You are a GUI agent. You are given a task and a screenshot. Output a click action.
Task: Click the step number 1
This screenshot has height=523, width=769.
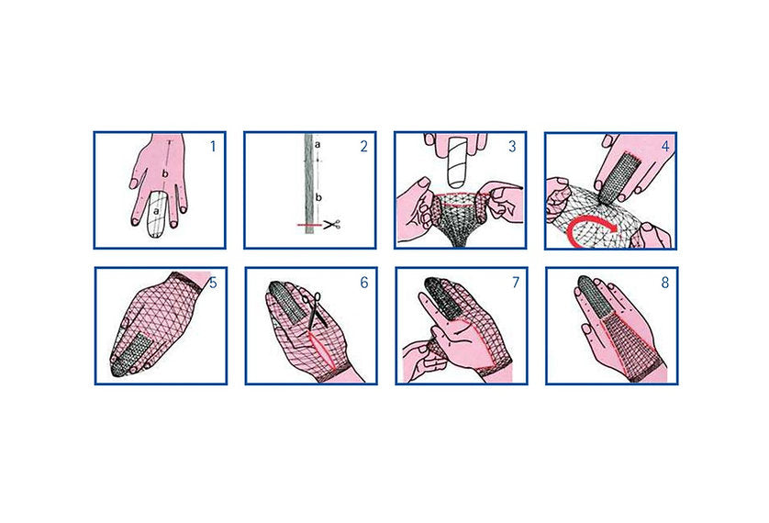213,146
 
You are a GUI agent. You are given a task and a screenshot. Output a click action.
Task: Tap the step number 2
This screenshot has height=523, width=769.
363,146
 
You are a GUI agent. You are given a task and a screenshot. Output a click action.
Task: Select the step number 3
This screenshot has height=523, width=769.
512,146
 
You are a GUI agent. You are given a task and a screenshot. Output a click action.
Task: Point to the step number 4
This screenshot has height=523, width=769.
665,146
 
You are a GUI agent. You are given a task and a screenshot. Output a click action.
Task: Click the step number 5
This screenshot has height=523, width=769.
213,283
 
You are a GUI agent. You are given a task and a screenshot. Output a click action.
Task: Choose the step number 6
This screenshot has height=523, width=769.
364,283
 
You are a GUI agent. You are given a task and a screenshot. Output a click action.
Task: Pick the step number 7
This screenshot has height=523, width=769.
516,283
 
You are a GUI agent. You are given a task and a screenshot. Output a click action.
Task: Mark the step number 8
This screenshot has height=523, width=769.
665,283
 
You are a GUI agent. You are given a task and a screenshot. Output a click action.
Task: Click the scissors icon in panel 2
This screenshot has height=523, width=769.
332,225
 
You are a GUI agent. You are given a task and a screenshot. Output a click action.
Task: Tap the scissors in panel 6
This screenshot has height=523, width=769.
313,309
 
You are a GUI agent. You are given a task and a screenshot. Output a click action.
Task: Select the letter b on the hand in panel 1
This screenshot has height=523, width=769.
165,173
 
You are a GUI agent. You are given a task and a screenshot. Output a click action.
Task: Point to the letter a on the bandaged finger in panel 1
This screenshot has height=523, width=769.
156,212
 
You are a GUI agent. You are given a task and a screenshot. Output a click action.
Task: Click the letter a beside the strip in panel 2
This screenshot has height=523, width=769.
318,145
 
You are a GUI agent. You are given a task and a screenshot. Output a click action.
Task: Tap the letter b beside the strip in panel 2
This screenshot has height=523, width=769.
318,197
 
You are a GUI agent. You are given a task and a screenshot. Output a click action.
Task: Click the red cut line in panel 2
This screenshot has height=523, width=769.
310,225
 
